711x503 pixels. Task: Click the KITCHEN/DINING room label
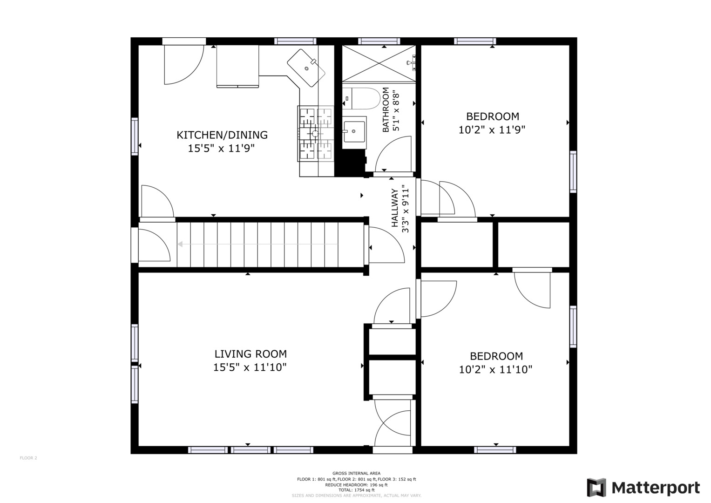coord(222,135)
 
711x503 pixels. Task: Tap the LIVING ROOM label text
coord(251,354)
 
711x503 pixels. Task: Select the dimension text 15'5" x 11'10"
coord(250,367)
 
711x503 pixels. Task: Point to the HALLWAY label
coord(394,208)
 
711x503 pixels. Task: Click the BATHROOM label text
coord(386,110)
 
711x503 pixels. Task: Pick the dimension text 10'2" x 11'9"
coord(492,130)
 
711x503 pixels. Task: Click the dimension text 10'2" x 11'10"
coord(495,370)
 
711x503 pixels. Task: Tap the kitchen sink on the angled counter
coord(306,68)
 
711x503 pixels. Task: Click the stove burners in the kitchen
coord(316,134)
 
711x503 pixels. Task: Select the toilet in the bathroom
coord(361,98)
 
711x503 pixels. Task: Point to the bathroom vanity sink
coord(354,132)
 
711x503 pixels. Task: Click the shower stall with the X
coord(379,63)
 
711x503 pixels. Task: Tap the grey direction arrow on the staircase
coord(257,244)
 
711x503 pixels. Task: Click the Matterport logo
coord(643,488)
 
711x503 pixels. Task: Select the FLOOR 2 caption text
coord(28,458)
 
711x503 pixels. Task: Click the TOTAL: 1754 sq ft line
coord(357,490)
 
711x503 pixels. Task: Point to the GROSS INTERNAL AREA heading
coord(357,473)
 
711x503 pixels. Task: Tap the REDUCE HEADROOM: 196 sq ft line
coord(357,484)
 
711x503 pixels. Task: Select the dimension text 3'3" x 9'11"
coord(406,211)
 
